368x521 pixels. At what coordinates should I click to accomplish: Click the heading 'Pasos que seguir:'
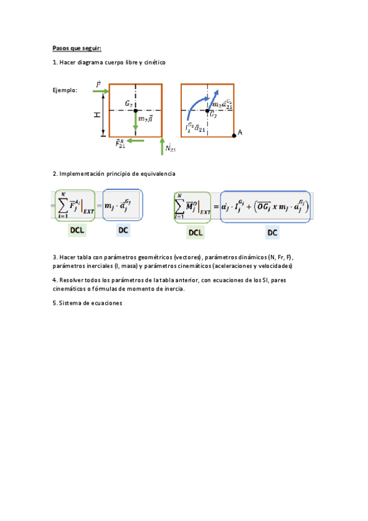point(77,47)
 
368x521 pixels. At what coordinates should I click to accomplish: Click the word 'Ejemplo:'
point(66,90)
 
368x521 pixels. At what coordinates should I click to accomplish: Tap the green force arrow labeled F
point(101,91)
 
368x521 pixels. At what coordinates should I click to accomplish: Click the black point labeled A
point(233,134)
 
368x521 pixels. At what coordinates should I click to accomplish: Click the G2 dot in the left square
point(136,110)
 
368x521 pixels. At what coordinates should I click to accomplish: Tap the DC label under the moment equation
point(272,232)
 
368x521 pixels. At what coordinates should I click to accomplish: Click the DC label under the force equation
point(124,230)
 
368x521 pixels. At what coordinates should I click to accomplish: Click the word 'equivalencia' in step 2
point(157,174)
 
